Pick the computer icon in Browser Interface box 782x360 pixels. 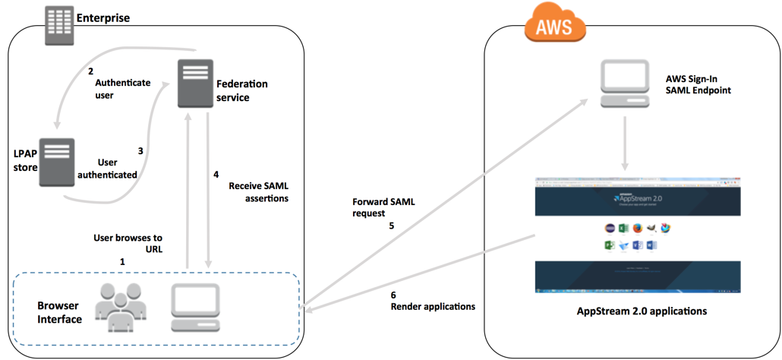195,308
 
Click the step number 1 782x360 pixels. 121,261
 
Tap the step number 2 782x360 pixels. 90,72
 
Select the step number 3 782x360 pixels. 140,150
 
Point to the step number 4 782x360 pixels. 216,175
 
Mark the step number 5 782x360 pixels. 392,225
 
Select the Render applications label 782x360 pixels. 433,307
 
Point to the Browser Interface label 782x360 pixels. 59,312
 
